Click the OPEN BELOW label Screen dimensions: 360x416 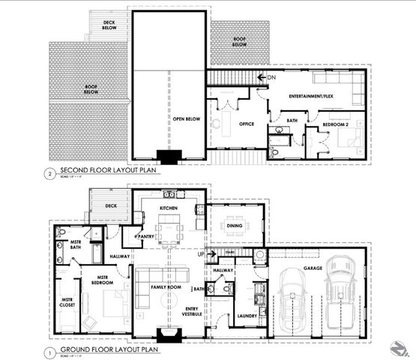pos(170,118)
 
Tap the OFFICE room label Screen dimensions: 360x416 pos(245,124)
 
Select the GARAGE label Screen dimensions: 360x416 pos(313,268)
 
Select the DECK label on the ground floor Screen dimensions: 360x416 pos(111,204)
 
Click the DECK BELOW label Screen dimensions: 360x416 pos(110,25)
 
